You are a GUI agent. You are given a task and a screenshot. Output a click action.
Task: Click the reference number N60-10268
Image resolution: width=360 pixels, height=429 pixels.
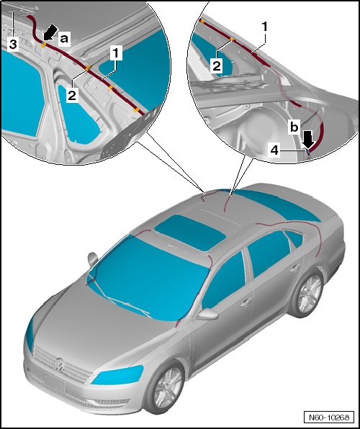(329, 417)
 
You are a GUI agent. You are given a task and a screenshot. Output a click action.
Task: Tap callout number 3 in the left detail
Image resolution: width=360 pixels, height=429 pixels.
(13, 44)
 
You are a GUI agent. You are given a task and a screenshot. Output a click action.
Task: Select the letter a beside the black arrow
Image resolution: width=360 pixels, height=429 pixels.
(64, 39)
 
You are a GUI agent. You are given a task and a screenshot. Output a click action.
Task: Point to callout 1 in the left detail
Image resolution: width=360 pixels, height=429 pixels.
(116, 53)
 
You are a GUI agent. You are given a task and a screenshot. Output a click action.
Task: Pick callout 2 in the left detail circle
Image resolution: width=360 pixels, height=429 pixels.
(72, 96)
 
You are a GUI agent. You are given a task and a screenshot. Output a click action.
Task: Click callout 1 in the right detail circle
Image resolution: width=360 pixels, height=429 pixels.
(264, 27)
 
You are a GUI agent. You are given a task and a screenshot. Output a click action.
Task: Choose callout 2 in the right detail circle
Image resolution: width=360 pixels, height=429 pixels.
(217, 66)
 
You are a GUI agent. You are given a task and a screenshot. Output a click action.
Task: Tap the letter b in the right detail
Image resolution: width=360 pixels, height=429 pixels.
(294, 127)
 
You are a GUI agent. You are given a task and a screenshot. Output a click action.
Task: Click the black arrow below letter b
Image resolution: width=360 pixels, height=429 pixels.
(309, 140)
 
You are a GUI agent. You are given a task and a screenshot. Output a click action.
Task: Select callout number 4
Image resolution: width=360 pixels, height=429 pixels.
(274, 150)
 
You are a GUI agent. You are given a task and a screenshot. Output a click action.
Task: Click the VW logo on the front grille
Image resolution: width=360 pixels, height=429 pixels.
(59, 365)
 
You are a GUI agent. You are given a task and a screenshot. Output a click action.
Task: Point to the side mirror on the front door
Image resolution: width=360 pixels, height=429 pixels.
(207, 314)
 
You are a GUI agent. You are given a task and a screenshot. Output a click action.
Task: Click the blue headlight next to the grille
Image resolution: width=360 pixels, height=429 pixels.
(118, 374)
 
